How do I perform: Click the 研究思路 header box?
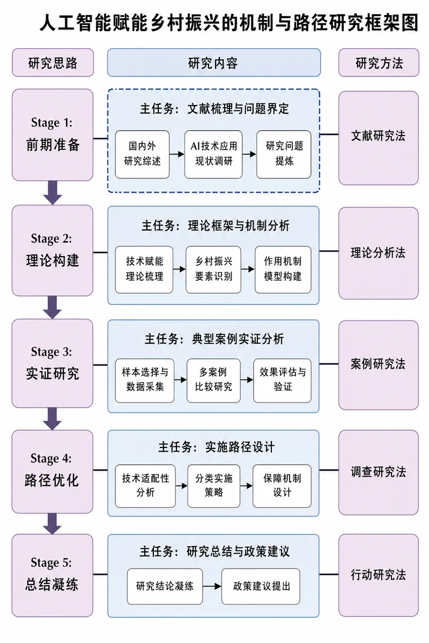point(53,63)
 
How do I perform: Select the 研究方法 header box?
point(379,63)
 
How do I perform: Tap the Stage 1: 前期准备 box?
point(53,135)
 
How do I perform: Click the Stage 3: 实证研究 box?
point(53,363)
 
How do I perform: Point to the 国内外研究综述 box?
point(142,154)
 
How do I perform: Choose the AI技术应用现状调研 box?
point(213,154)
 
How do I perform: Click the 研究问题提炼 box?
point(284,154)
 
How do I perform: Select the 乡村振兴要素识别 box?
point(213,270)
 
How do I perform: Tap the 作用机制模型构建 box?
point(283,270)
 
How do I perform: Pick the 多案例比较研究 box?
point(213,380)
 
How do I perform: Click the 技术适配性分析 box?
point(145,487)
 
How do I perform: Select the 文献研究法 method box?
point(379,138)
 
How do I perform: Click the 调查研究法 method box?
point(379,473)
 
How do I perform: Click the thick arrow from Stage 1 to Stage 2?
point(53,192)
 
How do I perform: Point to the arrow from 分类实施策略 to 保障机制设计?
point(246,486)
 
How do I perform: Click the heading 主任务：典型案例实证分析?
point(214,339)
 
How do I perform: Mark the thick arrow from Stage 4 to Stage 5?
point(53,524)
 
